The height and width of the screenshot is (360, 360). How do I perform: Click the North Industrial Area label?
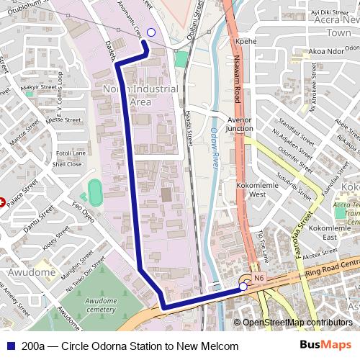click(x=140, y=95)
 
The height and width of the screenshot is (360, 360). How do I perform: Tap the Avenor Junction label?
click(x=240, y=124)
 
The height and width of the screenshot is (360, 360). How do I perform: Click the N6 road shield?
click(x=259, y=276)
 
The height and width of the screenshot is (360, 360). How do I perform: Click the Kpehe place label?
click(x=246, y=42)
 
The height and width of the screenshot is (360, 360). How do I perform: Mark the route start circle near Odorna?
click(x=243, y=287)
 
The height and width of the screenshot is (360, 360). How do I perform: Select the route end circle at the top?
click(x=150, y=32)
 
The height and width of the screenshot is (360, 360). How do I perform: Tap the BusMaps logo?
click(x=325, y=346)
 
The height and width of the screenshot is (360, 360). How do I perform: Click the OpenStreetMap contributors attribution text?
click(x=297, y=323)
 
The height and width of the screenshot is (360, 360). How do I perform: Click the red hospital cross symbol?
click(x=2, y=202)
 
